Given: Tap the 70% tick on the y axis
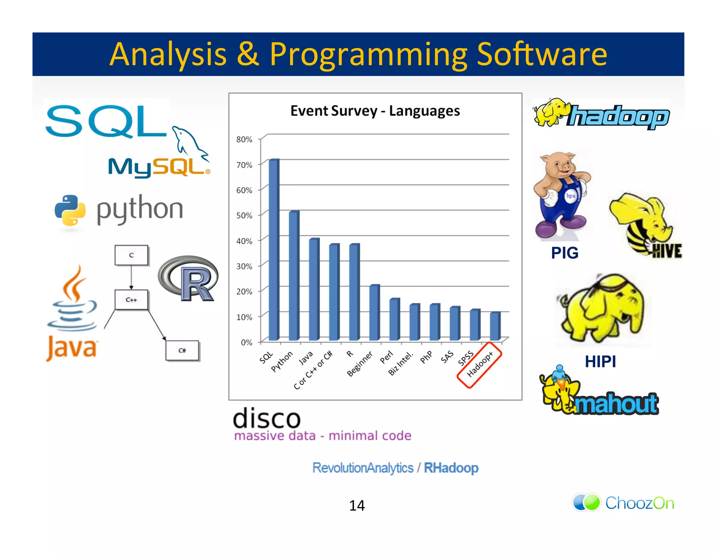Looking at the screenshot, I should [244, 165].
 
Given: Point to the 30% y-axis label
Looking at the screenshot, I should [244, 266].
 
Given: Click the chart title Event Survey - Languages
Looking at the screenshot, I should [375, 111].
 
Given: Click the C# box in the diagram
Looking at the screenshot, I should [182, 350].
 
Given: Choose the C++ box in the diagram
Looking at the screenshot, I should [131, 300].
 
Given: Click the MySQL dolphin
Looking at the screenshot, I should [189, 142].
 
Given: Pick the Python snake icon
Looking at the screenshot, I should [70, 210].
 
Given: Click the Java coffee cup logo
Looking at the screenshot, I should [72, 301].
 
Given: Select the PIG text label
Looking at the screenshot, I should [564, 253].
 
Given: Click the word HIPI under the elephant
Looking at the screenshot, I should [600, 361].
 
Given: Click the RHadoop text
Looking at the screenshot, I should [451, 468].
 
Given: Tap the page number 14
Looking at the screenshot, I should [357, 505].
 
